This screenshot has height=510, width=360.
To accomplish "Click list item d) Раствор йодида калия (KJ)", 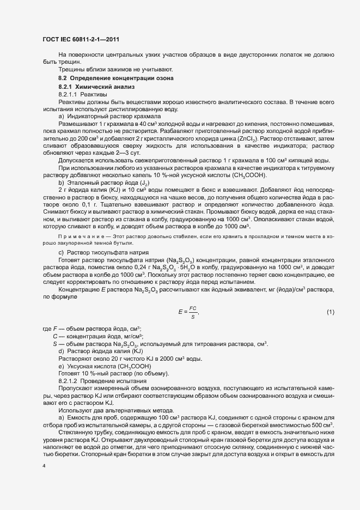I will (x=100, y=351).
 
